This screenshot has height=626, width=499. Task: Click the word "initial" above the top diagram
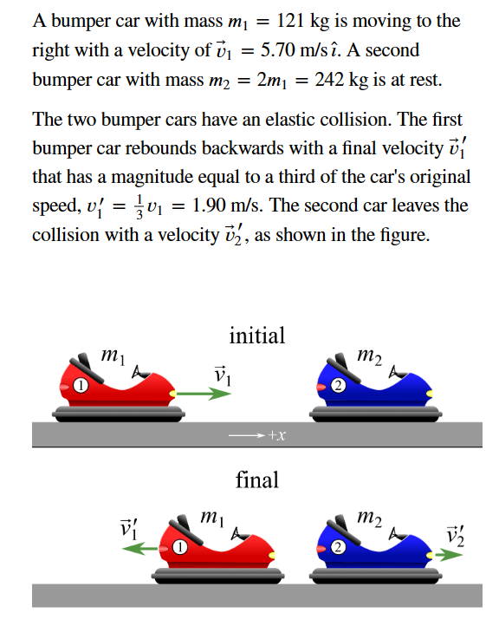coord(256,336)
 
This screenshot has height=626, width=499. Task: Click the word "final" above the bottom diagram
coord(256,479)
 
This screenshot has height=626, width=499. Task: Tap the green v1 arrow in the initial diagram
coord(207,393)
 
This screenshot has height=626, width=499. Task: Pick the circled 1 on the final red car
coord(179,548)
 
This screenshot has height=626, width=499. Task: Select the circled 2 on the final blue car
coord(338,547)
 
